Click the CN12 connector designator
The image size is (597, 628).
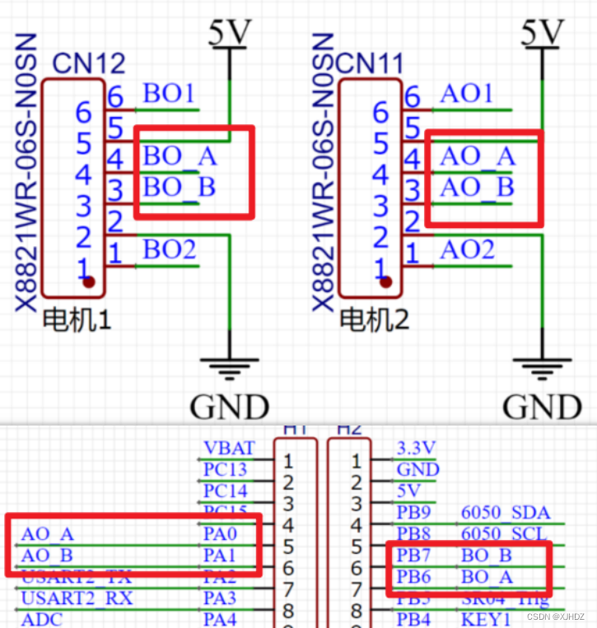(89, 63)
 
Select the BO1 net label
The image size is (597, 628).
(169, 93)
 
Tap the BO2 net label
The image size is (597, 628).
(170, 249)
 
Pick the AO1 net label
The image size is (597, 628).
(466, 93)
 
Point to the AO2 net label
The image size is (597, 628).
(467, 249)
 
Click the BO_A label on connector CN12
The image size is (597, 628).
(180, 156)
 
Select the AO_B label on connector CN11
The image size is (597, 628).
(477, 188)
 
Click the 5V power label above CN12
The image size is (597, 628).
(231, 33)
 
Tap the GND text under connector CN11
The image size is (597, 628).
(542, 407)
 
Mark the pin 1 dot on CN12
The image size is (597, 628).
(88, 281)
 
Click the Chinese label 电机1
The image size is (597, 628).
(76, 318)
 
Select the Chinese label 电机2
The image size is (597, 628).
(374, 318)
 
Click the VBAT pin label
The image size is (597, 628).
(229, 449)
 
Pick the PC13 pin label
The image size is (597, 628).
(225, 470)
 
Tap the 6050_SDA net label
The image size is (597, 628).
(506, 514)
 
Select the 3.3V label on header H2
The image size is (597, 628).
(417, 449)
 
